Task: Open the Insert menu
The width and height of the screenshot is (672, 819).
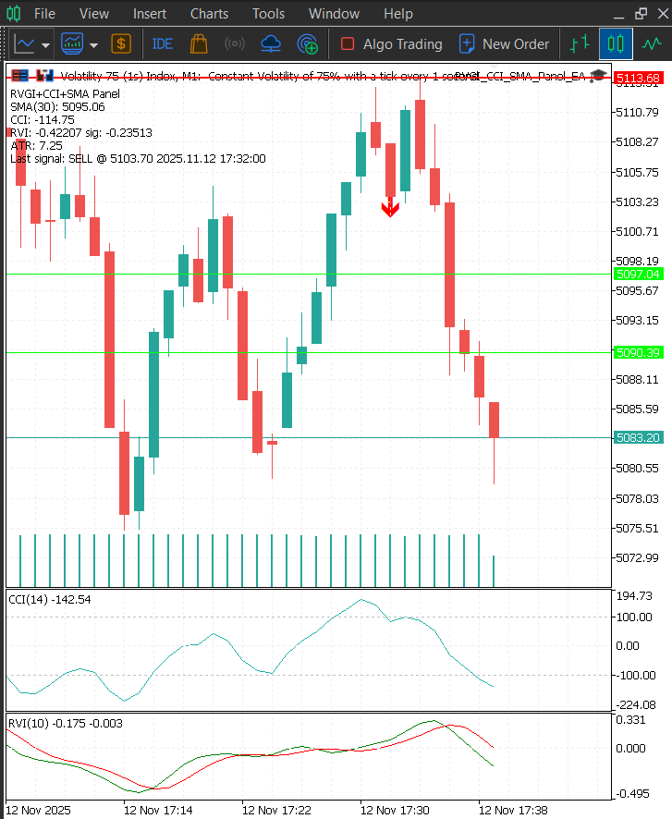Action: [150, 14]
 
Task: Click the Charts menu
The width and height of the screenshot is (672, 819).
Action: [209, 14]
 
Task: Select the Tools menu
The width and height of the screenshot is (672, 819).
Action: [268, 14]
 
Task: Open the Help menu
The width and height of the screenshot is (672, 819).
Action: [398, 14]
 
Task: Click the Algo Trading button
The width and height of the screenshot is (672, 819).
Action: [391, 43]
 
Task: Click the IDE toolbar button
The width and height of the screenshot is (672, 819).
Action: [162, 43]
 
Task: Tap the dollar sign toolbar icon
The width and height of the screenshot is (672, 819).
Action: [121, 43]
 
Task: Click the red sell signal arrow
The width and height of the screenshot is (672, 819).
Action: [390, 208]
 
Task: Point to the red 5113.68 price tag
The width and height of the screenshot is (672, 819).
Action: [638, 78]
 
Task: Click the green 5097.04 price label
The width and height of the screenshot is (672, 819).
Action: [638, 275]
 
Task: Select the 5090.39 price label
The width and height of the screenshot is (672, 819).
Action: [638, 352]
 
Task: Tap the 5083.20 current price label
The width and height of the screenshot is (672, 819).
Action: [638, 437]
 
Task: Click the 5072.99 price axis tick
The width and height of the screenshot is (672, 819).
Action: [638, 557]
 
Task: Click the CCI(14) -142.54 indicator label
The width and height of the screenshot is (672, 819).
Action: [50, 600]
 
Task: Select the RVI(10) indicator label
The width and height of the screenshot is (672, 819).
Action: [65, 723]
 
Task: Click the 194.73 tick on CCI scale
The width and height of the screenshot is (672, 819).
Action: [634, 596]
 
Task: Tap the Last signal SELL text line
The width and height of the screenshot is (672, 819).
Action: [138, 159]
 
